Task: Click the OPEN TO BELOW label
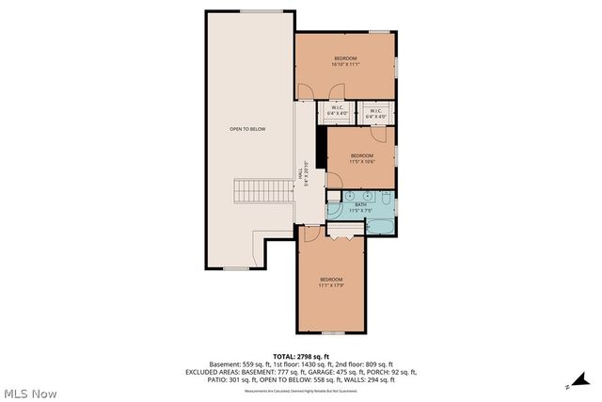tap(247, 128)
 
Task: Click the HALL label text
tap(301, 175)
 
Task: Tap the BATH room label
tap(360, 204)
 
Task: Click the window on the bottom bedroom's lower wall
tap(331, 333)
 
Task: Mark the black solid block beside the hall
tap(321, 147)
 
